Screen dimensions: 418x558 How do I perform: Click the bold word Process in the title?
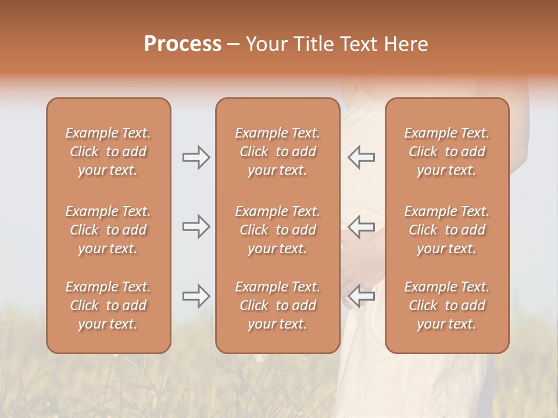click(x=183, y=44)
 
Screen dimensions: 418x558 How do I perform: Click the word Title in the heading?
click(x=313, y=44)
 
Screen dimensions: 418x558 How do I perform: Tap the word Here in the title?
click(x=405, y=44)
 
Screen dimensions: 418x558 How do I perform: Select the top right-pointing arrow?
click(x=196, y=157)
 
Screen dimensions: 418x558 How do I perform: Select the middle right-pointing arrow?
click(x=196, y=226)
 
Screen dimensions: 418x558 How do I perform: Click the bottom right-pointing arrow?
click(x=196, y=296)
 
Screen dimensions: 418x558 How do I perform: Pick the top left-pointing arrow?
click(x=362, y=157)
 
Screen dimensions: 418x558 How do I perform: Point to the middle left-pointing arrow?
click(x=362, y=226)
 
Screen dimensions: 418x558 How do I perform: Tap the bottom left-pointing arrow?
click(x=362, y=296)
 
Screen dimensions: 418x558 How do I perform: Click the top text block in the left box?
click(x=108, y=152)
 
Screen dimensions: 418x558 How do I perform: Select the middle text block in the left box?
click(x=108, y=230)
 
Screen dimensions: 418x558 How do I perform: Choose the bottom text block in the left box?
click(x=108, y=305)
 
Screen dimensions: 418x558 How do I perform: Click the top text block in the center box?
click(x=278, y=152)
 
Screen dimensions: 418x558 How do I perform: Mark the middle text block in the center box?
click(x=278, y=230)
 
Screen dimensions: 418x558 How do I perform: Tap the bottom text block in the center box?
click(x=278, y=305)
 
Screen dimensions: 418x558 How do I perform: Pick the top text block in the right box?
click(x=447, y=152)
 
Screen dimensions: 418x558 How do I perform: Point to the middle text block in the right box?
click(x=447, y=230)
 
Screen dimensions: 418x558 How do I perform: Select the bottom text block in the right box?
click(x=447, y=305)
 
